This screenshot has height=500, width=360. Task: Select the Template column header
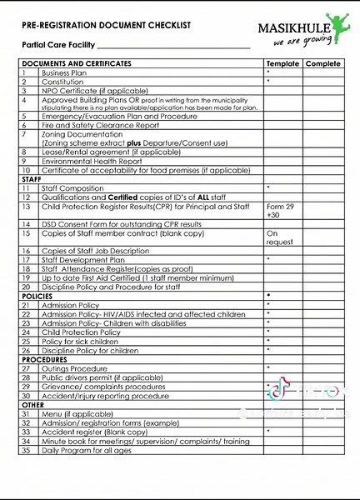tap(282, 64)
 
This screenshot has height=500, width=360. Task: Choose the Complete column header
tap(323, 64)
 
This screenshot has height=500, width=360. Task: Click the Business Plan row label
tap(64, 73)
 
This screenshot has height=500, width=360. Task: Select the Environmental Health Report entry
tap(86, 161)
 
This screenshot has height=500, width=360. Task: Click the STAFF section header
tap(32, 179)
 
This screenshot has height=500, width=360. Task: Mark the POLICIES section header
tap(37, 296)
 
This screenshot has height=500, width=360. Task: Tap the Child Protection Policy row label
tap(82, 332)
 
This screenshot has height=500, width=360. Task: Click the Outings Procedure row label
tap(74, 368)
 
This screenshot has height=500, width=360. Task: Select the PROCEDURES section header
tap(44, 359)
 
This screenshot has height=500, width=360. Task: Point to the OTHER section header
tap(32, 404)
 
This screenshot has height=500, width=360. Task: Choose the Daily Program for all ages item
tap(87, 450)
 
